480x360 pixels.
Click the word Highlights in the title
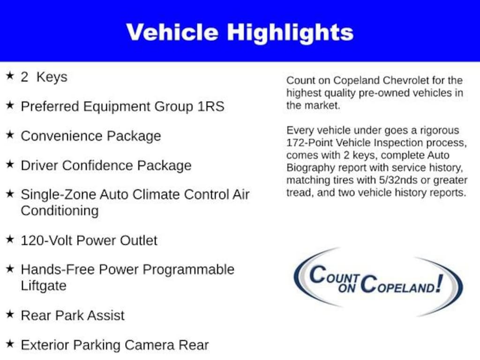tap(290, 33)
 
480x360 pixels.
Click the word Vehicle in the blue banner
tap(172, 32)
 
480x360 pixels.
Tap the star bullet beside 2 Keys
tap(10, 75)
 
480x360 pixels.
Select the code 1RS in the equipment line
tap(211, 106)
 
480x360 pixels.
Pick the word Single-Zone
tap(58, 195)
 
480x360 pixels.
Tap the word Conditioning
tap(60, 211)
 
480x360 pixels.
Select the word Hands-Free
tap(58, 270)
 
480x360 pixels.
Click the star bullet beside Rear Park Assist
tap(10, 314)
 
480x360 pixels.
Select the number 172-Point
tap(309, 143)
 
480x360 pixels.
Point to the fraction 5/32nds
tap(398, 180)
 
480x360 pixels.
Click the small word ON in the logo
tap(347, 288)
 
